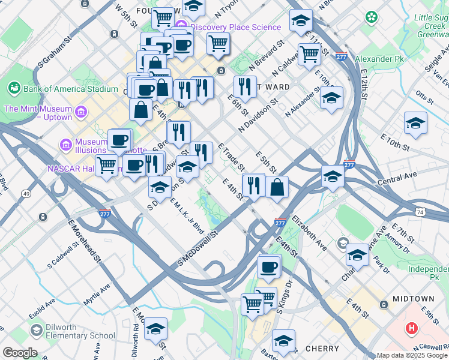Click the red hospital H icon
411,328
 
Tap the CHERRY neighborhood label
322,348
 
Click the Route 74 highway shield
421,212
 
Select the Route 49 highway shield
26,194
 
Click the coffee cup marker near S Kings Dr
269,266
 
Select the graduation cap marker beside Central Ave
333,176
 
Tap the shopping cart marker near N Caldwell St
309,53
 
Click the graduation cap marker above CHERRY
283,340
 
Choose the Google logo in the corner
20,353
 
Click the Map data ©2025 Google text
412,355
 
